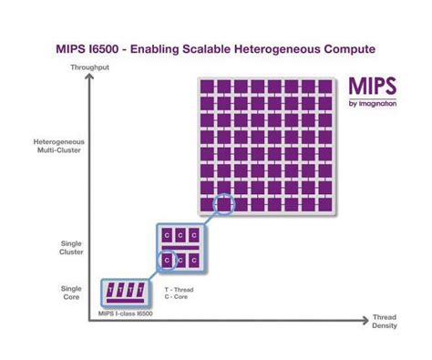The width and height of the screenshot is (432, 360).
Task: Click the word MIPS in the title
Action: [x=72, y=46]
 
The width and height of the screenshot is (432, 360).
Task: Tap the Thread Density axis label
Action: [x=384, y=322]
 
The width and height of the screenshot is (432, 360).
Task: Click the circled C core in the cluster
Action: [x=168, y=260]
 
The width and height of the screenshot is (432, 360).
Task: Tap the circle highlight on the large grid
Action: [x=224, y=205]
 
